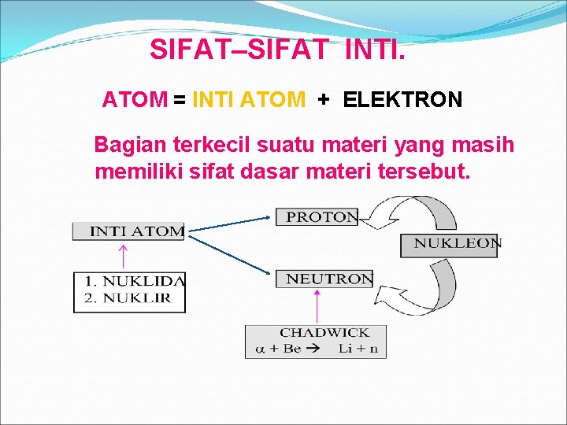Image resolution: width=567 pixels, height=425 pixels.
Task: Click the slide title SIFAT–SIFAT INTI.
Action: click(278, 50)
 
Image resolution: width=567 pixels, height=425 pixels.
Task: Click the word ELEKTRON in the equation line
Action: click(403, 100)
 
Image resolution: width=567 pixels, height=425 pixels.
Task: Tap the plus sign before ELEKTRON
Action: click(323, 100)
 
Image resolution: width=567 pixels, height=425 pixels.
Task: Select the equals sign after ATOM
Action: click(180, 100)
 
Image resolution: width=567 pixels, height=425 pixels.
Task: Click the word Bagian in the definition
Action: click(124, 146)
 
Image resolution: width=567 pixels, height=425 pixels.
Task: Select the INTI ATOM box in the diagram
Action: click(128, 231)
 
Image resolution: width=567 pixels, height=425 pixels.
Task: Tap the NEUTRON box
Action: click(324, 279)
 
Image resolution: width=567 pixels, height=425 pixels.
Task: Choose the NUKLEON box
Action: click(450, 244)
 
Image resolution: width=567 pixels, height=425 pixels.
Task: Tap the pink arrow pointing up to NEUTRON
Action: click(317, 305)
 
